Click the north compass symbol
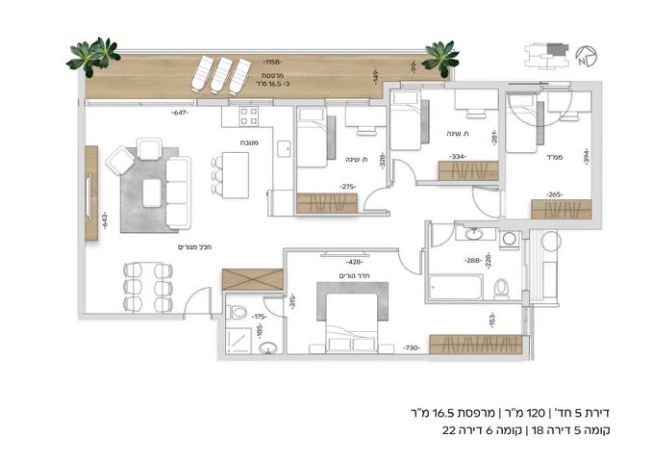tap(587, 55)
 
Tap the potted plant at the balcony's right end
tap(440, 56)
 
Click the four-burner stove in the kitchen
tap(245, 117)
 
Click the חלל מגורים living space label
tap(193, 247)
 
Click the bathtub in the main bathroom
tap(454, 287)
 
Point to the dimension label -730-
tap(411, 347)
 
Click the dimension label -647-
tap(179, 113)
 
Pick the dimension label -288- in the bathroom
tap(472, 260)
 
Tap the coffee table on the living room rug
tap(152, 193)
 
